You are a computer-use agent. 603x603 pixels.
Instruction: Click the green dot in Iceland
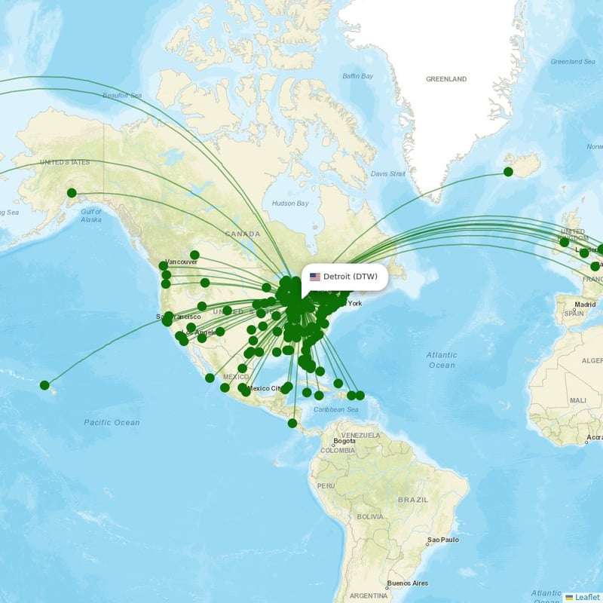point(508,172)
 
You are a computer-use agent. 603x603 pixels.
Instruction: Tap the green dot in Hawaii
point(44,385)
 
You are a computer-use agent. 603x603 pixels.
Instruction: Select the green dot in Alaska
point(72,193)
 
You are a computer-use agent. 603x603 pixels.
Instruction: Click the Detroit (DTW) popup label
point(350,277)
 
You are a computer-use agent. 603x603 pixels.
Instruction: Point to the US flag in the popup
point(315,277)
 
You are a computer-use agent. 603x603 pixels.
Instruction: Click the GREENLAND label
point(446,79)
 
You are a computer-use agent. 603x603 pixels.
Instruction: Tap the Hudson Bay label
point(290,204)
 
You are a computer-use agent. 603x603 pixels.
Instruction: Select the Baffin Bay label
point(358,76)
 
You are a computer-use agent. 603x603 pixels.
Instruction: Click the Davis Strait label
point(388,174)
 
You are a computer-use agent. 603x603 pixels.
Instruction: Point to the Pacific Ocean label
point(112,422)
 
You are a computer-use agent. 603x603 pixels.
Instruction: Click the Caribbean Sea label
point(337,409)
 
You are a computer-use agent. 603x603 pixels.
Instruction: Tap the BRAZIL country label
point(413,500)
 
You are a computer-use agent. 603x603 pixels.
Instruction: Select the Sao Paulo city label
point(443,540)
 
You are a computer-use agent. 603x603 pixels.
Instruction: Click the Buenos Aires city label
point(408,583)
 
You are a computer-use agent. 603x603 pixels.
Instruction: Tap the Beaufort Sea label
point(122,96)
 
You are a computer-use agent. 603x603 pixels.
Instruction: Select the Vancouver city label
point(182,262)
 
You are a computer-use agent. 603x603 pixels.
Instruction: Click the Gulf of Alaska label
point(91,216)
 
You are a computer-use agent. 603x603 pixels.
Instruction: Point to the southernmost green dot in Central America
point(292,423)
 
